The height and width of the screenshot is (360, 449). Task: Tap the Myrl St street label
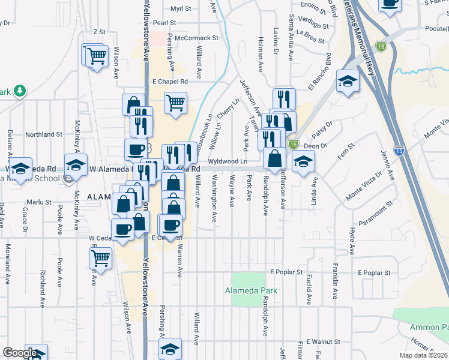[x=180, y=9]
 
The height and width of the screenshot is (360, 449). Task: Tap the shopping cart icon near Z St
[x=96, y=56]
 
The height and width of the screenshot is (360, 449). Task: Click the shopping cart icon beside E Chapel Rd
[x=175, y=102]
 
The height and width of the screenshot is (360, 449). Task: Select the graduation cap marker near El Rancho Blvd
[x=348, y=80]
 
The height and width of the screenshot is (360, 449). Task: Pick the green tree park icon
[x=21, y=91]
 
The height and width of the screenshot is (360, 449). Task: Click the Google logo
[x=19, y=353]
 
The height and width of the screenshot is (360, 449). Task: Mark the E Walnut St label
[x=323, y=341]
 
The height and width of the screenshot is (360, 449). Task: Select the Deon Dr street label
[x=315, y=145]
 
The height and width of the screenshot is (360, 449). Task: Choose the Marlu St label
[x=39, y=202]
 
